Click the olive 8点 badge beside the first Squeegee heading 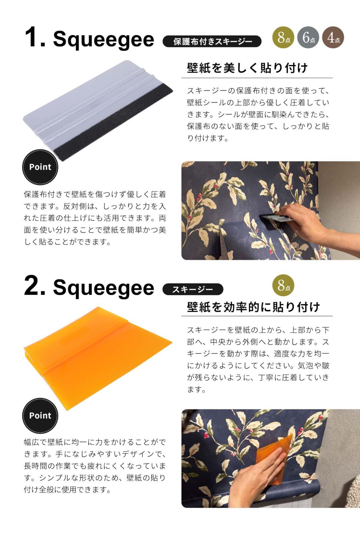pos(283,37)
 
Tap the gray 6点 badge pos(308,37)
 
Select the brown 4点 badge pos(333,37)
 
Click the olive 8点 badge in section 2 pos(283,285)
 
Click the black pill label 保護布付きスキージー pos(212,42)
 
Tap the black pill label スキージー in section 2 pos(193,289)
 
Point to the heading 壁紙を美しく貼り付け pos(247,68)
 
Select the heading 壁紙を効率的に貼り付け pos(253,307)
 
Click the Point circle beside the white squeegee pos(40,167)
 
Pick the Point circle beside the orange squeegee pos(40,415)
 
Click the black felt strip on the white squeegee pos(113,123)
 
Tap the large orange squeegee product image pos(98,358)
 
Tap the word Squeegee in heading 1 pos(104,40)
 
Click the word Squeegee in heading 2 pos(104,288)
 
